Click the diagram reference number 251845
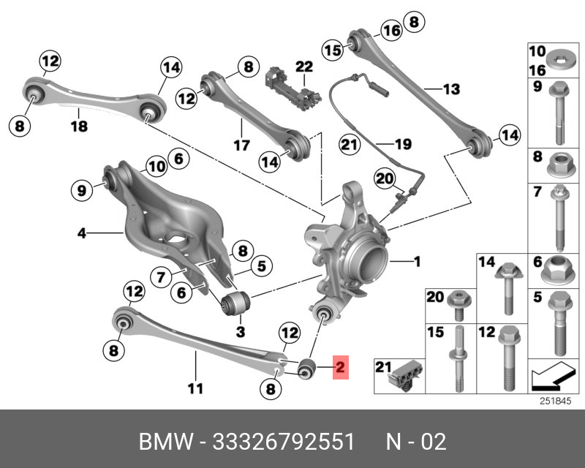coord(553,400)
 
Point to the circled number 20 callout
coord(384,178)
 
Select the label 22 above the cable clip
coord(303,67)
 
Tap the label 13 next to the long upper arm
coord(450,89)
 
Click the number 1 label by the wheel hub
coord(418,261)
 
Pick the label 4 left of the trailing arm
coord(83,234)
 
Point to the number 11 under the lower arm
coord(195,388)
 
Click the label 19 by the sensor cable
coord(403,144)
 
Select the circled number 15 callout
coord(333,50)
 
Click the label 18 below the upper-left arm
coord(79,127)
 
